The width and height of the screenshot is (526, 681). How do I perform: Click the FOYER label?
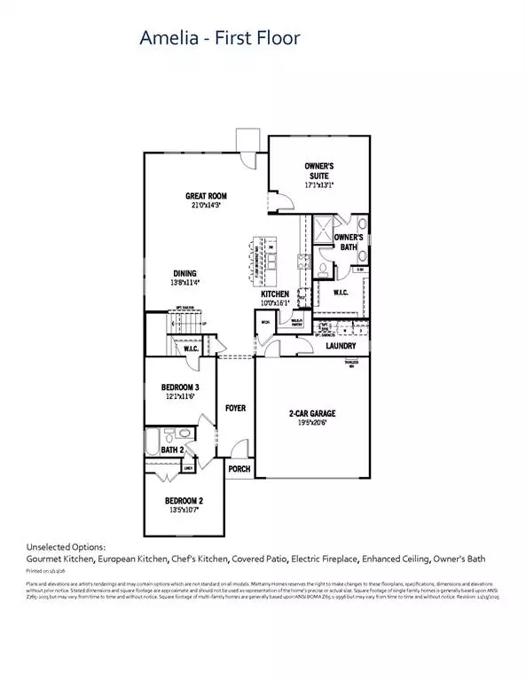point(235,409)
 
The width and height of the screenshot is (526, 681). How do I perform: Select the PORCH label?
point(239,469)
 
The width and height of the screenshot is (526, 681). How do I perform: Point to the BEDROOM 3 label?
point(179,388)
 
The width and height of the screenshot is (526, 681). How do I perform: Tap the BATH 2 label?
point(171,450)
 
